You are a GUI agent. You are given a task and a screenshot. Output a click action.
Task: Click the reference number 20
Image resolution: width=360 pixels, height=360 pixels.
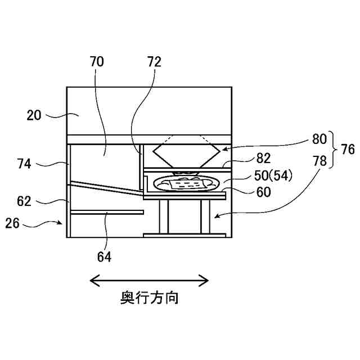click(x=34, y=115)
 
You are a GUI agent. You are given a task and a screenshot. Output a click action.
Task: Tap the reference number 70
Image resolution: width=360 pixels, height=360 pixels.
click(x=97, y=62)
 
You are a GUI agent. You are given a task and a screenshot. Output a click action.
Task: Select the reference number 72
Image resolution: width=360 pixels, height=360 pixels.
click(x=154, y=62)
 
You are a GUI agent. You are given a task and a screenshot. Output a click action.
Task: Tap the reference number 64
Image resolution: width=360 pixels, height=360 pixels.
click(x=104, y=257)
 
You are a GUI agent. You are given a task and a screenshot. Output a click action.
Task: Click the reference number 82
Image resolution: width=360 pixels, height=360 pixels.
click(x=263, y=159)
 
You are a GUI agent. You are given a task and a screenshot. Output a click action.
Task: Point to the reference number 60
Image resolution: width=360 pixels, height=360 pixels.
click(x=263, y=192)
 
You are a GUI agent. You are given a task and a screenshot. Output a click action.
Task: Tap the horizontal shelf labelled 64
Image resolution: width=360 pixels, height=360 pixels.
click(x=107, y=212)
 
